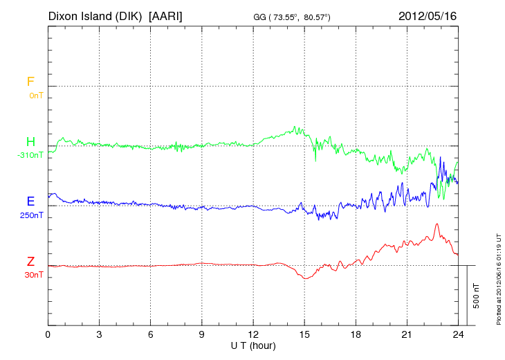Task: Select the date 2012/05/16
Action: (428, 15)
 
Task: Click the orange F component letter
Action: (30, 82)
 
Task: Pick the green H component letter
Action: (30, 143)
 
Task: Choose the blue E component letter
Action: (30, 201)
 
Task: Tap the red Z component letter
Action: (30, 262)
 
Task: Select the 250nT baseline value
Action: (32, 215)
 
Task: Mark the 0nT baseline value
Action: (36, 96)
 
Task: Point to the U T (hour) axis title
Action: (253, 345)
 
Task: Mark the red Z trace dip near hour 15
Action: (304, 278)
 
